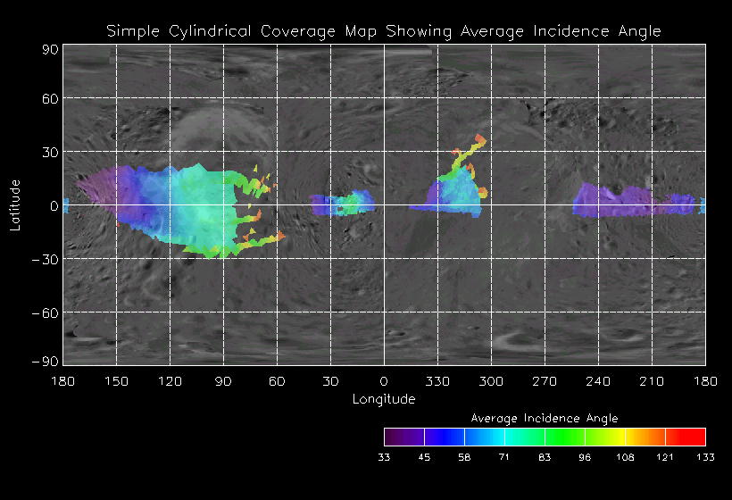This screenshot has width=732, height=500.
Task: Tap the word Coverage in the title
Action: (x=300, y=31)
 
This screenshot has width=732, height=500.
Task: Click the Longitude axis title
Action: (x=384, y=399)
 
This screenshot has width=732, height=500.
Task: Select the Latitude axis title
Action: (x=15, y=205)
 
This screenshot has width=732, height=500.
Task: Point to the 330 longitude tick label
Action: (x=437, y=381)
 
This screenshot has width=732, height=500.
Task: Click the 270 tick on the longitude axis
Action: (x=545, y=381)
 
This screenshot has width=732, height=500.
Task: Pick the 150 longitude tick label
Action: (x=116, y=381)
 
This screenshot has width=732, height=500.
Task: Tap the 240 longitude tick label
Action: (x=598, y=381)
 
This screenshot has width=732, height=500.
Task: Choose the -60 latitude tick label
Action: (x=46, y=312)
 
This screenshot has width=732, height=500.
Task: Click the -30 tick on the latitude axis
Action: (x=46, y=259)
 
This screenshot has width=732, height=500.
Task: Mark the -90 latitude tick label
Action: (x=46, y=361)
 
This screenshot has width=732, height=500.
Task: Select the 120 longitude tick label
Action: (x=170, y=381)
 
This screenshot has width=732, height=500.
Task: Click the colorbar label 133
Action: (x=705, y=457)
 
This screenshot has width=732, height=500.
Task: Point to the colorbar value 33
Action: (x=385, y=457)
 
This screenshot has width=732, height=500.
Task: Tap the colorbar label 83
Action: (x=545, y=457)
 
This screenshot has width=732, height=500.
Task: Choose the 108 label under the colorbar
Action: (x=625, y=457)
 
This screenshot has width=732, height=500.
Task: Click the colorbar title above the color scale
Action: (x=545, y=418)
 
